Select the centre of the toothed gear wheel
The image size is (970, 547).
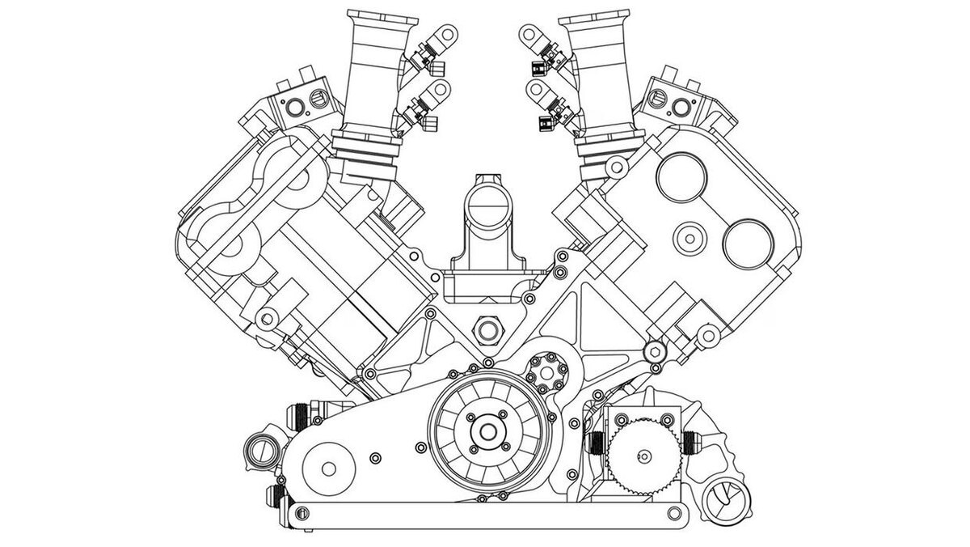pos(643,458)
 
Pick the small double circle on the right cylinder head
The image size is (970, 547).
pos(690,238)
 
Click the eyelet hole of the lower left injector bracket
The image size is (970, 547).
pos(441,89)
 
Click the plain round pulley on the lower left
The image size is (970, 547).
pos(330,469)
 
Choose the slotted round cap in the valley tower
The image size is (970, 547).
pos(487,207)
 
